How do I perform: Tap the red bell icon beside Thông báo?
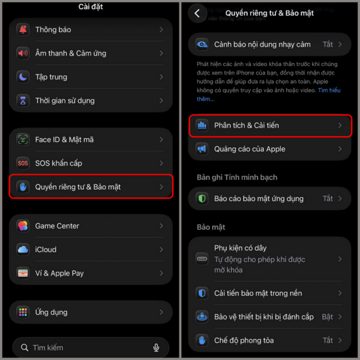point(23,29)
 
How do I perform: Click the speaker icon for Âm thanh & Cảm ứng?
point(23,53)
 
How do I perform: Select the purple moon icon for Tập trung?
point(23,77)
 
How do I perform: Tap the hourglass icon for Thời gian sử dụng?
point(23,101)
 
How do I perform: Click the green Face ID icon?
point(23,139)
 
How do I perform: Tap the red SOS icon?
point(23,163)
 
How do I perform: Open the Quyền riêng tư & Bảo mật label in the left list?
point(78,187)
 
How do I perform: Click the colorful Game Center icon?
point(23,226)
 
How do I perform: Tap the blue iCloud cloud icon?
point(23,249)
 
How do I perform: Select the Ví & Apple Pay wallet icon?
point(23,273)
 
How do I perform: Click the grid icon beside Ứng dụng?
point(23,312)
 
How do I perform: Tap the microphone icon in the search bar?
point(156,348)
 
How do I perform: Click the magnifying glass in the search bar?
point(24,348)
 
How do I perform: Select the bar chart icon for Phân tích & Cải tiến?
point(202,126)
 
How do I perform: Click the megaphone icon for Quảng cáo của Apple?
point(202,149)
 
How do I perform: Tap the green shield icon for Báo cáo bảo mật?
point(202,198)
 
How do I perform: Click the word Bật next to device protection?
point(327,317)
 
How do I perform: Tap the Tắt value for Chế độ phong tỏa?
point(328,340)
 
